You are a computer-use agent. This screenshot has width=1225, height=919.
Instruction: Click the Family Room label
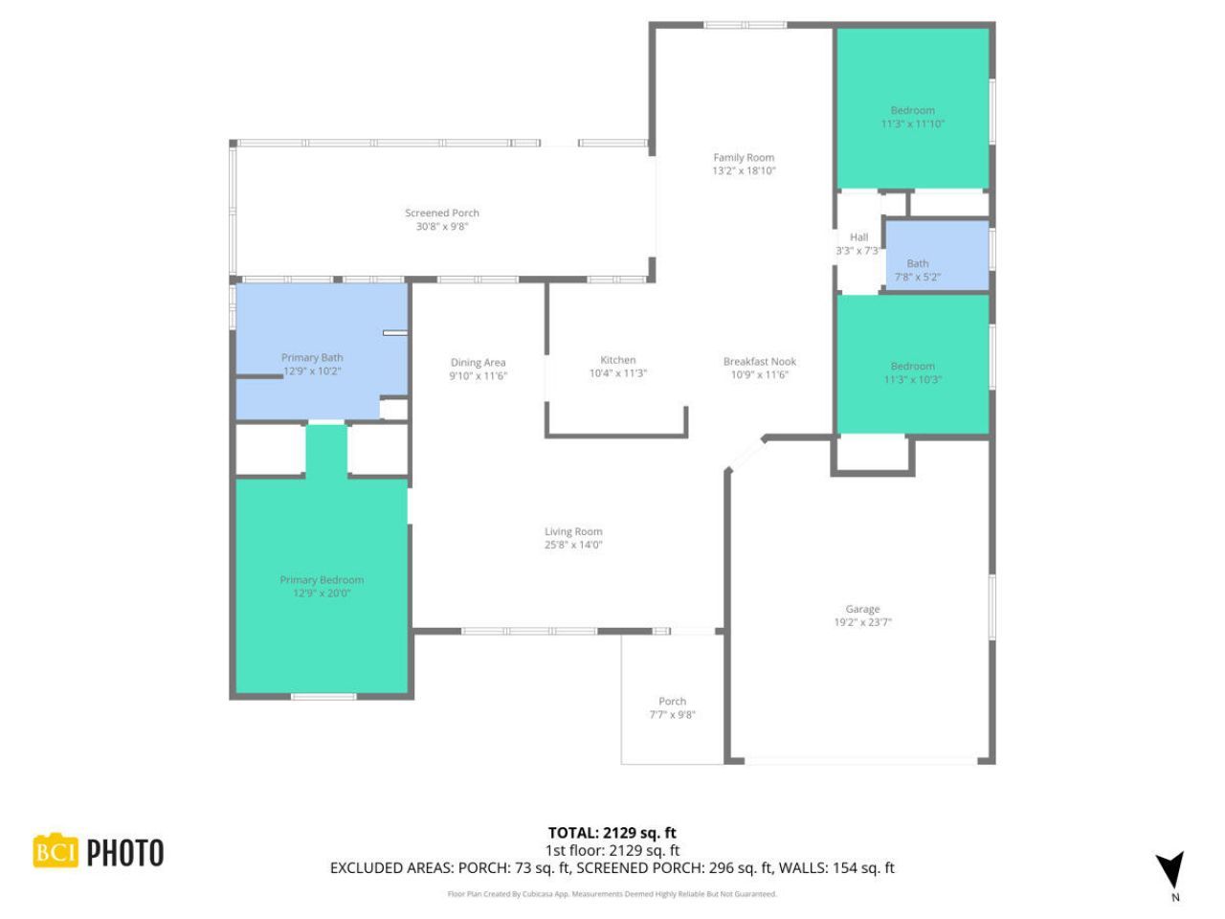point(744,158)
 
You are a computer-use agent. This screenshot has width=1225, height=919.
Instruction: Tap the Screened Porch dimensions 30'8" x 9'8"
point(441,227)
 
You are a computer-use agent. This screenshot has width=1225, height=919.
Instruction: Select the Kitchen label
point(618,360)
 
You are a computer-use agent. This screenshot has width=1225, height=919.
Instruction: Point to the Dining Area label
point(478,363)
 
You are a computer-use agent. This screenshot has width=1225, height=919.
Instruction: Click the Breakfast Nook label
point(759,362)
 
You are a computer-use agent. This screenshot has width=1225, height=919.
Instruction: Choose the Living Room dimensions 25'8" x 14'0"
point(573,546)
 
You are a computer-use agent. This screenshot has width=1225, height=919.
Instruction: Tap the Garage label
point(862,609)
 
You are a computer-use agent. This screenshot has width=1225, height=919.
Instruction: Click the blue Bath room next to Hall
point(935,255)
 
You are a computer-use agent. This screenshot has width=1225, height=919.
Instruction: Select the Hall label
point(858,237)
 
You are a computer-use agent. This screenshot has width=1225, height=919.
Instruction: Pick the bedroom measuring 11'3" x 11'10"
point(913,107)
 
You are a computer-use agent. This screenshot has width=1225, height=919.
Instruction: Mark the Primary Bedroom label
point(322,580)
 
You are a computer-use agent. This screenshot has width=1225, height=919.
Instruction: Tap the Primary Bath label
point(312,358)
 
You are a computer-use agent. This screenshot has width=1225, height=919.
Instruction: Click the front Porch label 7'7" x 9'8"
point(672,702)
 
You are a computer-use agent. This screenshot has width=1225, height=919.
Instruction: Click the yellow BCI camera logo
point(56,851)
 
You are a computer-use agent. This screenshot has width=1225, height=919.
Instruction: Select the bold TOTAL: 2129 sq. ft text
point(612,833)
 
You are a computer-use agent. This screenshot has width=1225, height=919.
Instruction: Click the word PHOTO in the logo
point(125,853)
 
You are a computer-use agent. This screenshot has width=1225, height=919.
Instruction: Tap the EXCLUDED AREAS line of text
point(612,868)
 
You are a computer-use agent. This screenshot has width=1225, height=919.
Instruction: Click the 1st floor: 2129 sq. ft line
point(612,850)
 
